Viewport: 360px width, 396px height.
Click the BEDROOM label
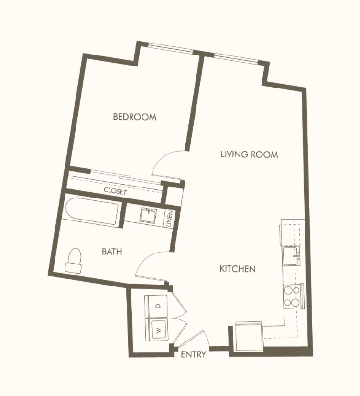tap(134, 117)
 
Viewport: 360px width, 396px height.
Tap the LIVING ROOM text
tap(250, 154)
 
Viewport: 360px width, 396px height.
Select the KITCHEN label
tap(238, 269)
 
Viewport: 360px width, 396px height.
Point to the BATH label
tap(112, 252)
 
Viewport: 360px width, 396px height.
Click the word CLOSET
tap(115, 191)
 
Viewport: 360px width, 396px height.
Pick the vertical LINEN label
tap(169, 219)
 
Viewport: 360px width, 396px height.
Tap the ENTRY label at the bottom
tap(193, 354)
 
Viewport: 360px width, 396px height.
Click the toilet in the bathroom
tap(74, 260)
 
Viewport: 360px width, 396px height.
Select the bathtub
tap(92, 212)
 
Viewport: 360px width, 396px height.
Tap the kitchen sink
tap(292, 256)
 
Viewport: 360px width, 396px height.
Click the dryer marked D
tap(156, 306)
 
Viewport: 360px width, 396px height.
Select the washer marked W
tap(157, 330)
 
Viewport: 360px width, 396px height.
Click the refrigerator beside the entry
tap(249, 336)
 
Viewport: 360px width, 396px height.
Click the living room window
tap(236, 58)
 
